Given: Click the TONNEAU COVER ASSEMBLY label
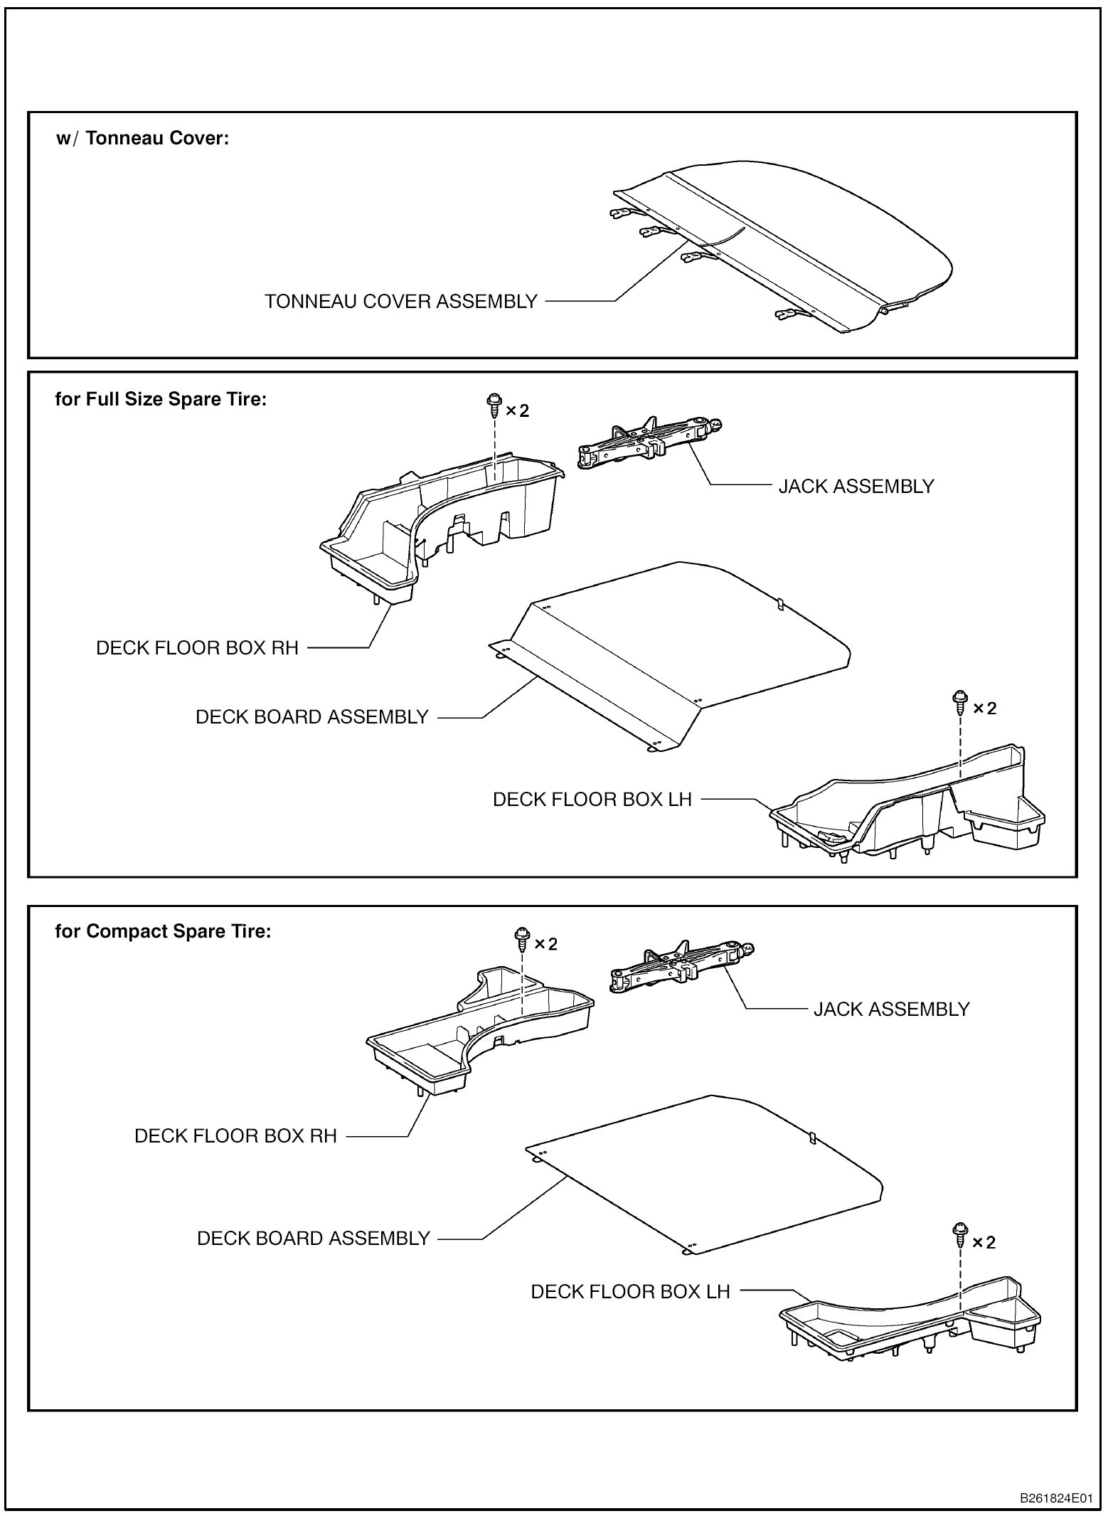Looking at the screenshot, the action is pyautogui.click(x=401, y=302).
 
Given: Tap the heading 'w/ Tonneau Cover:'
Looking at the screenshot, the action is pyautogui.click(x=143, y=138).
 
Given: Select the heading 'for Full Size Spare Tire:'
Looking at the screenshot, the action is pyautogui.click(x=161, y=399).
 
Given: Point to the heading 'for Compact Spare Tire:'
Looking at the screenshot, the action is pyautogui.click(x=163, y=931).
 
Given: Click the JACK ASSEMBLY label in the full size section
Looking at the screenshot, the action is pyautogui.click(x=856, y=487).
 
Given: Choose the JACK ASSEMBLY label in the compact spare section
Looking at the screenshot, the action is pyautogui.click(x=892, y=1009).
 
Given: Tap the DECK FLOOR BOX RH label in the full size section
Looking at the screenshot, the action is pyautogui.click(x=197, y=648).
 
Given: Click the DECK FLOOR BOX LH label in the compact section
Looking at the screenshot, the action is pyautogui.click(x=631, y=1292).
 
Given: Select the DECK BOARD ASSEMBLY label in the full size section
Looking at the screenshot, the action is pyautogui.click(x=312, y=717).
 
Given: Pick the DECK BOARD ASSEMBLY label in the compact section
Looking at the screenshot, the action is pyautogui.click(x=314, y=1239).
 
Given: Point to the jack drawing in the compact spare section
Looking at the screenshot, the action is pyautogui.click(x=681, y=965).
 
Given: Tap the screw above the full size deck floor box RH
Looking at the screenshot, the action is pyautogui.click(x=492, y=407).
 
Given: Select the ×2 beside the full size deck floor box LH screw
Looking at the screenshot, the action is pyautogui.click(x=985, y=709).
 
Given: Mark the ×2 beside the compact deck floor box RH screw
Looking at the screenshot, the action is pyautogui.click(x=545, y=944).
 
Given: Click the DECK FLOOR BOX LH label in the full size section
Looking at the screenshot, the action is pyautogui.click(x=592, y=800).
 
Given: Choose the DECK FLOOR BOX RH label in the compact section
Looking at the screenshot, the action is pyautogui.click(x=235, y=1136).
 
